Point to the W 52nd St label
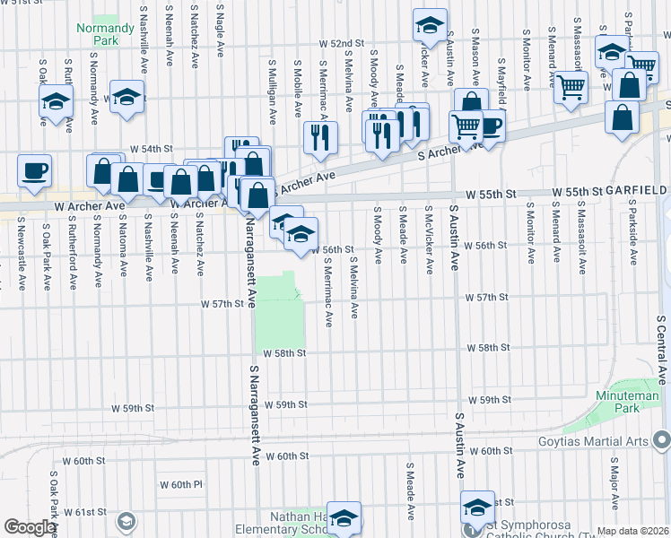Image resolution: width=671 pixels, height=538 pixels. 344,43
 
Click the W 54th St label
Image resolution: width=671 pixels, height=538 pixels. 151,148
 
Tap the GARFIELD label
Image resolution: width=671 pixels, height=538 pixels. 635,192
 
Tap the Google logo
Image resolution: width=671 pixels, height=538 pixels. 30,527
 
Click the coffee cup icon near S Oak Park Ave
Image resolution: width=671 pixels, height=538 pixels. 34,171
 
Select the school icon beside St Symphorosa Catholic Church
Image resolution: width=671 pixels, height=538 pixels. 477,507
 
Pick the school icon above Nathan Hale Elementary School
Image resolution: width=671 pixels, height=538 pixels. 344,517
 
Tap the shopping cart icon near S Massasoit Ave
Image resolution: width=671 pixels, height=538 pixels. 571,89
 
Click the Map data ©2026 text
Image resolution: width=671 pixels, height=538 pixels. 633,531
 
